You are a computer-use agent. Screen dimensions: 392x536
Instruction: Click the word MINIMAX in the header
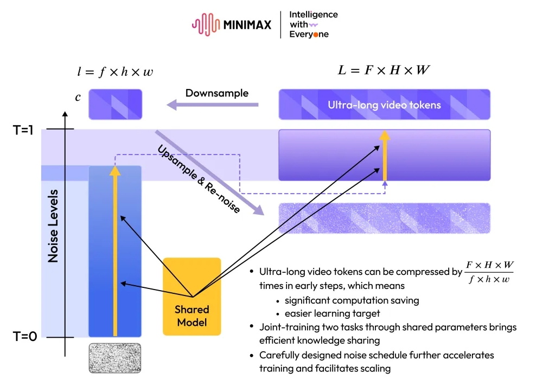pyautogui.click(x=246, y=25)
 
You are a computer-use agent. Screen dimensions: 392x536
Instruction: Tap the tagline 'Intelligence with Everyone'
pyautogui.click(x=313, y=24)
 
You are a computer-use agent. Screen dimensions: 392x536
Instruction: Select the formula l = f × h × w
pyautogui.click(x=114, y=71)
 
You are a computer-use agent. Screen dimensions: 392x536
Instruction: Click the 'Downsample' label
pyautogui.click(x=217, y=93)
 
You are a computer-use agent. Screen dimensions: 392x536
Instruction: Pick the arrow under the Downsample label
pyautogui.click(x=212, y=105)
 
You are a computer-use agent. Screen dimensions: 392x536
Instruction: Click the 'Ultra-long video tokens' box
pyautogui.click(x=384, y=105)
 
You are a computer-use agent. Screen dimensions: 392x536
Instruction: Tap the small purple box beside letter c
pyautogui.click(x=115, y=104)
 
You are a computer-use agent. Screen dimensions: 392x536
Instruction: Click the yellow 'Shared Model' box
pyautogui.click(x=192, y=296)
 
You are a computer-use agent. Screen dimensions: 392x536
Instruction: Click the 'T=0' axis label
pyautogui.click(x=25, y=337)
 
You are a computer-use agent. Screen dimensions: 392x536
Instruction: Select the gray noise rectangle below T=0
pyautogui.click(x=114, y=357)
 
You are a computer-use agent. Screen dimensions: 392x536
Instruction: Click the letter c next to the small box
pyautogui.click(x=78, y=98)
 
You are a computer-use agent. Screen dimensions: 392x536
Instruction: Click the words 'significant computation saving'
pyautogui.click(x=352, y=300)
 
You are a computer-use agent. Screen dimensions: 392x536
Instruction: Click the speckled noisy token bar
pyautogui.click(x=384, y=218)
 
